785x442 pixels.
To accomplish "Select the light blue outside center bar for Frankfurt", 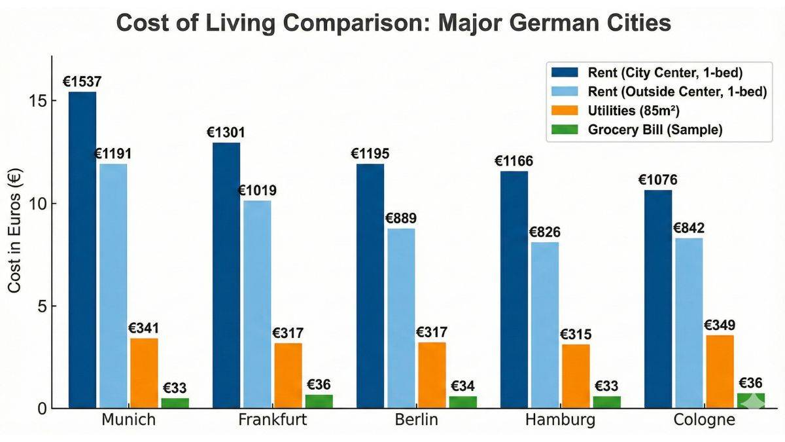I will pos(257,304).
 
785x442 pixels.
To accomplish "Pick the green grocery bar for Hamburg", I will pos(607,401).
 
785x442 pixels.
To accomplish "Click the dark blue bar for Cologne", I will pos(658,299).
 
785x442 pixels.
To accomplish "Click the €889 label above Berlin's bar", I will pos(400,218).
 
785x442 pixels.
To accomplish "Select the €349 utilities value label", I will pos(720,325).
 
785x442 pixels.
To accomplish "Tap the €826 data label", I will pos(544,232).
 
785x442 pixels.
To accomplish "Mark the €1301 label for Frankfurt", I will pos(226,132).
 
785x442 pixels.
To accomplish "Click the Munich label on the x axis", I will pos(128,420).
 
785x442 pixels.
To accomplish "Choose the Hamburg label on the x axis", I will pos(560,420).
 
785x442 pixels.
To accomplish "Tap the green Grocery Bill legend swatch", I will pos(565,130).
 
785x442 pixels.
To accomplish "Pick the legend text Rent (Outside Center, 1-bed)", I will pos(676,92).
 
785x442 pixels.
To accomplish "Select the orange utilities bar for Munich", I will pos(144,373).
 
